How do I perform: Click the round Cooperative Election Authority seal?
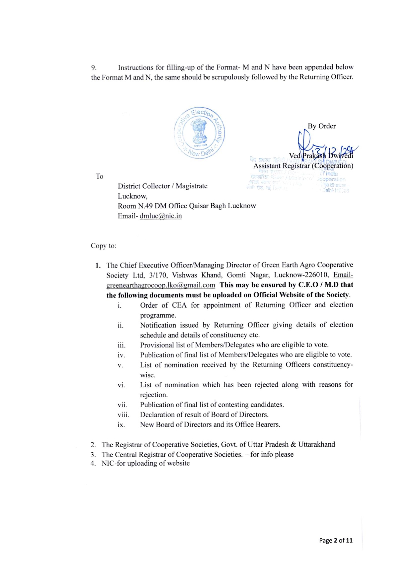[x=199, y=133]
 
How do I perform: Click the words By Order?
[x=321, y=126]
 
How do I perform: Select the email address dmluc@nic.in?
[x=161, y=216]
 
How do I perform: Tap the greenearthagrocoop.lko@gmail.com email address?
[x=161, y=285]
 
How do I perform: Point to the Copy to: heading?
[x=104, y=246]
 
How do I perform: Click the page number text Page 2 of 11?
[x=336, y=540]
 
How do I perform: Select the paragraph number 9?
[x=94, y=68]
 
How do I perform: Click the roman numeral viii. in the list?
[x=123, y=415]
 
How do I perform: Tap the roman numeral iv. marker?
[x=121, y=355]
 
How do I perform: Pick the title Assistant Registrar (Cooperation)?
[x=303, y=166]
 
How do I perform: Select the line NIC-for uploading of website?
[x=145, y=463]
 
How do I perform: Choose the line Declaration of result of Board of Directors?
[x=204, y=415]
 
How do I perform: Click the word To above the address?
[x=100, y=176]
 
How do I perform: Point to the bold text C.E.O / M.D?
[x=318, y=285]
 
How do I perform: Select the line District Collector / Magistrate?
[x=162, y=186]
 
